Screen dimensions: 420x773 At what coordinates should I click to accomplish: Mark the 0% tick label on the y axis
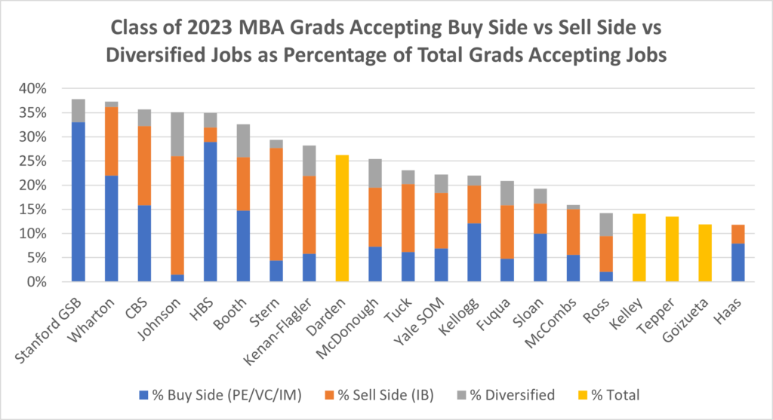point(35,282)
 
